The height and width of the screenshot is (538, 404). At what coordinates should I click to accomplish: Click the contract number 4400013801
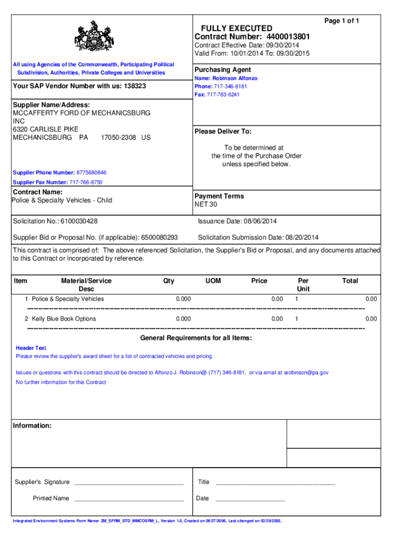click(288, 37)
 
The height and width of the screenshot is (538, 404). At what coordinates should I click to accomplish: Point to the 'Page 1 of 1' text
click(342, 20)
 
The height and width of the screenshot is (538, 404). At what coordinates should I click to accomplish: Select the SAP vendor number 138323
click(135, 86)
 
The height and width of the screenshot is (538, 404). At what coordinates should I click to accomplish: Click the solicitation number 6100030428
click(79, 222)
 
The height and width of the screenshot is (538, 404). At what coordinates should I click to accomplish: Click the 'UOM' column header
click(214, 281)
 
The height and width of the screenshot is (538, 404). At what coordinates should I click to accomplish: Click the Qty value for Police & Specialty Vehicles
click(183, 299)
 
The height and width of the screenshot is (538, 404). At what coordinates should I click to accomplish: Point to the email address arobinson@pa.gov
click(306, 373)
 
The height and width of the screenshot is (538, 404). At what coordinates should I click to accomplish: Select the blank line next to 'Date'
click(250, 499)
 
